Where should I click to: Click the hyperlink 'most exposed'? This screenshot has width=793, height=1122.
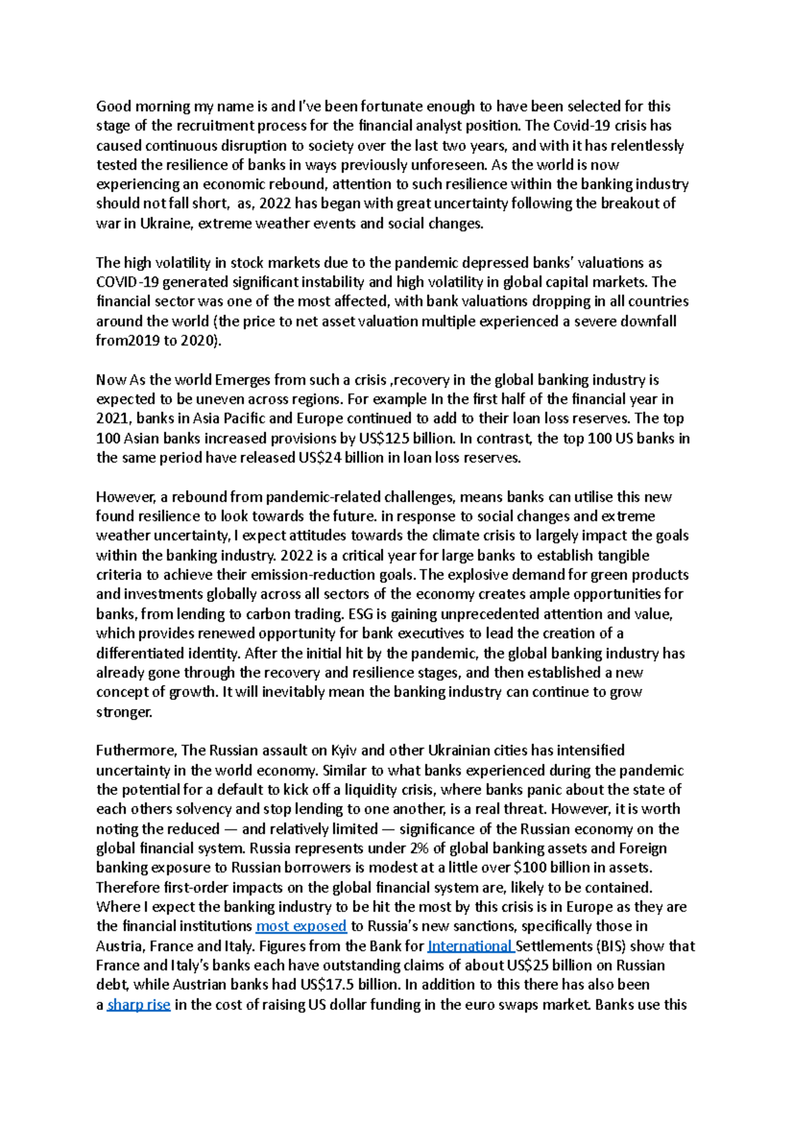click(x=301, y=926)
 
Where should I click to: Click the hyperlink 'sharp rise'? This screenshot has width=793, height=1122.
click(x=139, y=1004)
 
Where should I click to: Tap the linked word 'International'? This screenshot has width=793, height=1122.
click(x=471, y=946)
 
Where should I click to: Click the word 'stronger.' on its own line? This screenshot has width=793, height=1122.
click(x=124, y=712)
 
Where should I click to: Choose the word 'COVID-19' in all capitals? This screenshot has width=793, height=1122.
click(x=128, y=282)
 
